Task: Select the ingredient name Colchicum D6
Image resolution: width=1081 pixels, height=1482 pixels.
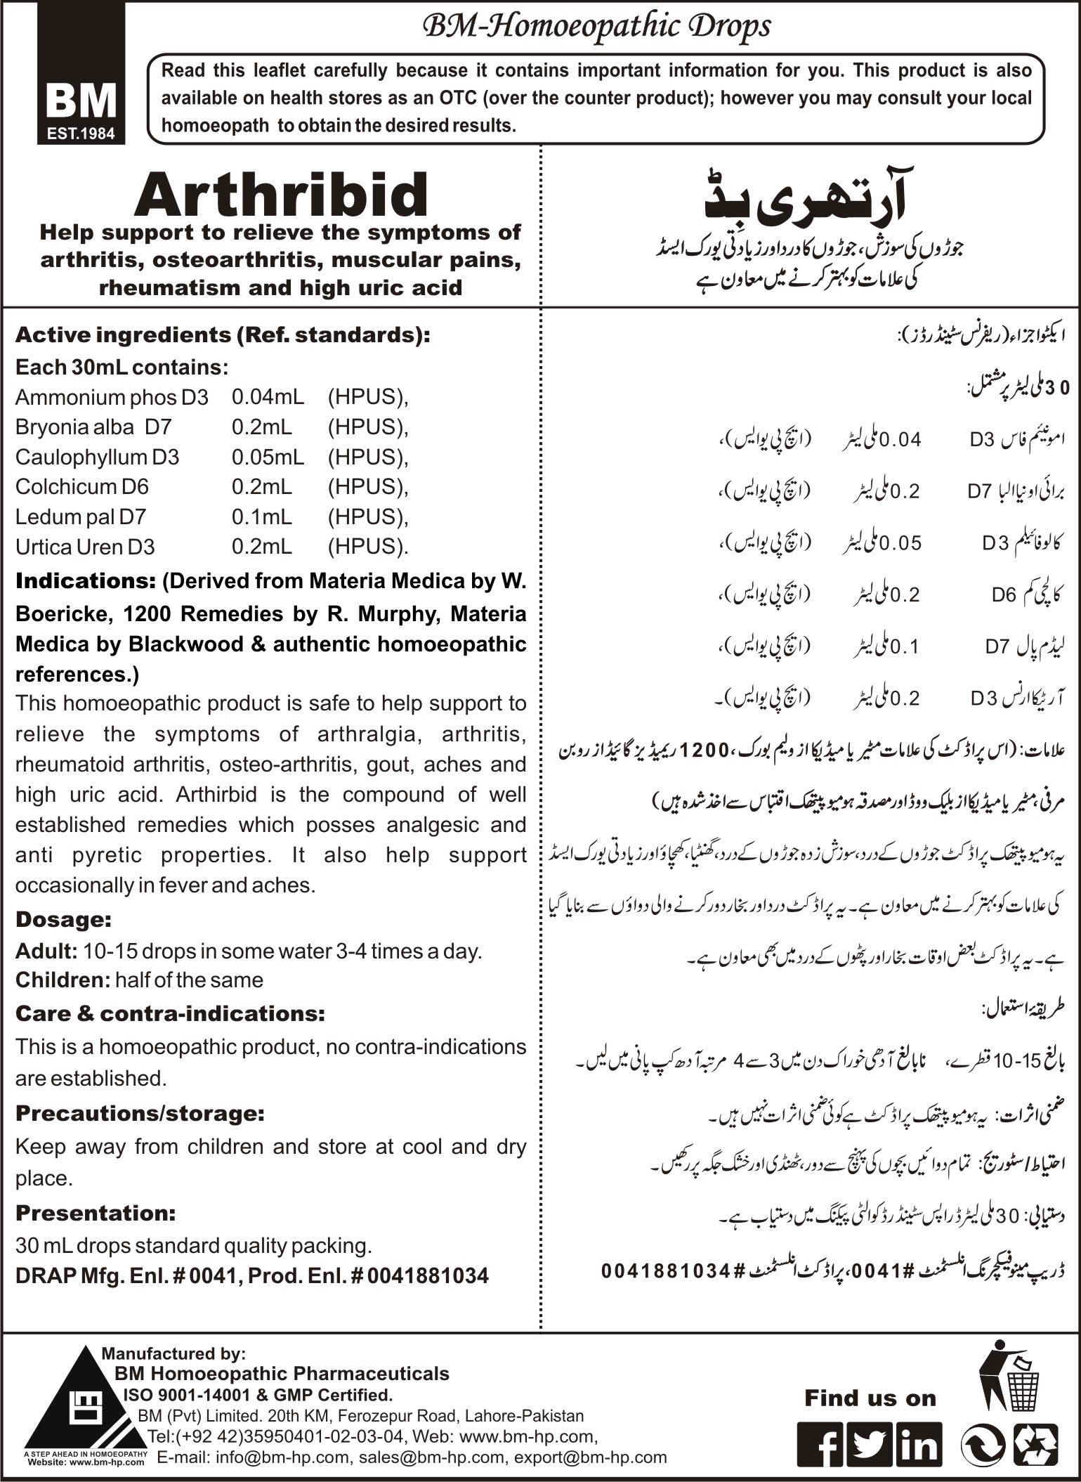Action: (82, 487)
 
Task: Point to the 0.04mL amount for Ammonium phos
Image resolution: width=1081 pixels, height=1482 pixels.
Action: (268, 397)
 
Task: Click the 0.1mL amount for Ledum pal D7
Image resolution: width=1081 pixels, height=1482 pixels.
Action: (261, 517)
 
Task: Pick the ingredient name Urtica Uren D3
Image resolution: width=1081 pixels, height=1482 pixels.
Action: (85, 547)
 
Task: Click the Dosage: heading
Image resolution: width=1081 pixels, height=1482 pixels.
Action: (63, 919)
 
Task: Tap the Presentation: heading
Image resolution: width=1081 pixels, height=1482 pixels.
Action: (95, 1213)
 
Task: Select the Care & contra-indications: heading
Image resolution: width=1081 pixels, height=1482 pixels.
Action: (170, 1013)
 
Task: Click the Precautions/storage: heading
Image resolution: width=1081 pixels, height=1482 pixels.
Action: (140, 1113)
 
